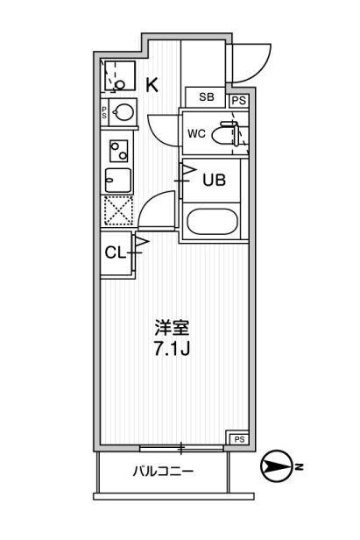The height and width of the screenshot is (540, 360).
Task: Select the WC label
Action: (197, 134)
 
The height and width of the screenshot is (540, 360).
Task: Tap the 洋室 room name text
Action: (172, 328)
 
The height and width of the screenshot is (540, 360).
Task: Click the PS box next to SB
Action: (238, 99)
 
